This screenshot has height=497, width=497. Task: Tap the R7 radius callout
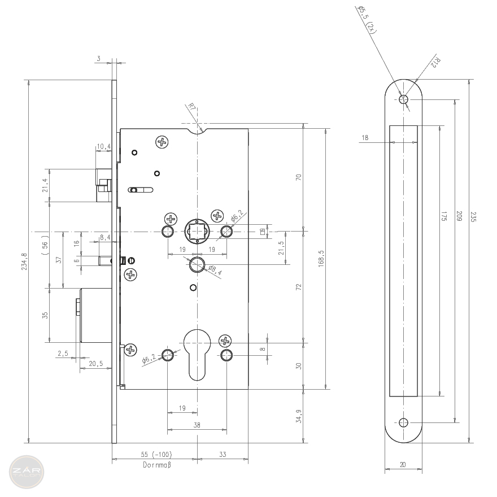191,107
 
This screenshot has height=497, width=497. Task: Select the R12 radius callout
435,63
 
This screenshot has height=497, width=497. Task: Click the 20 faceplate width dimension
403,465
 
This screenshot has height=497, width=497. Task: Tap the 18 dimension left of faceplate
365,137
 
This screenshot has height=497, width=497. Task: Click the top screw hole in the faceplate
403,99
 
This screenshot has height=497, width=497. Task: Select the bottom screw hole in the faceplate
403,422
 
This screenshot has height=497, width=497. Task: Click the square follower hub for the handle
197,231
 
